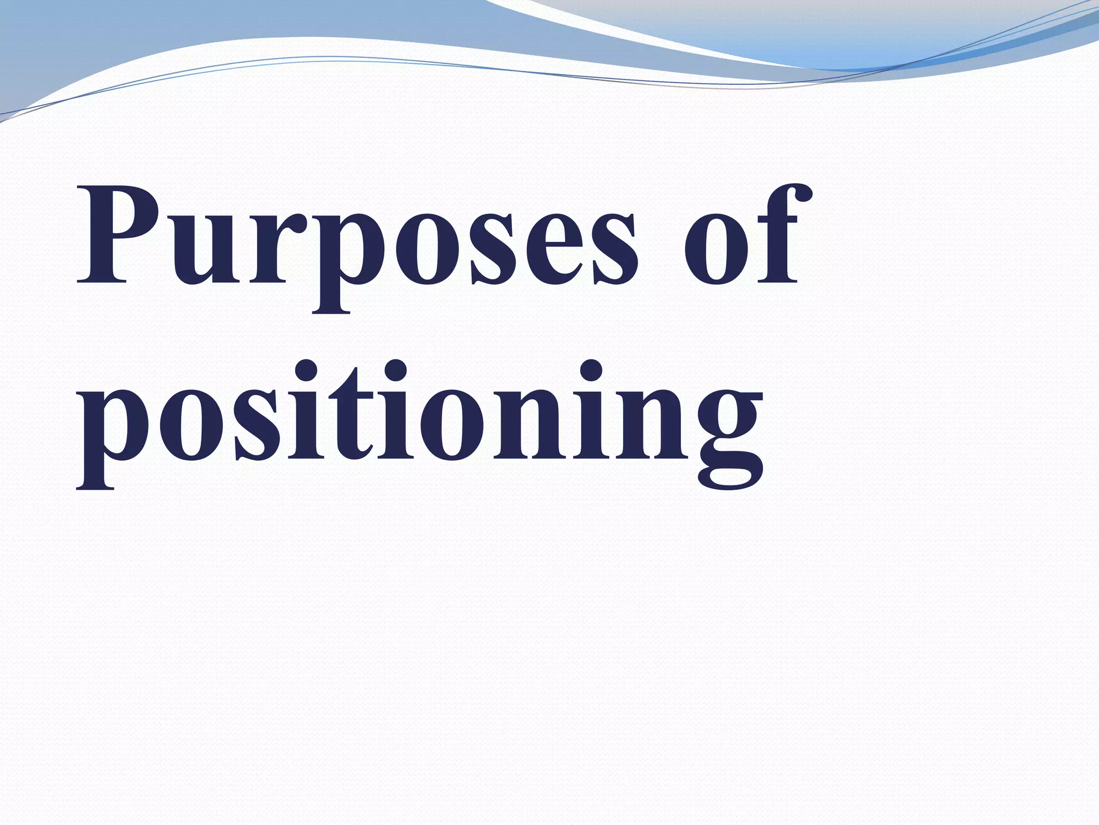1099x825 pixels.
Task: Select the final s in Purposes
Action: (612, 247)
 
